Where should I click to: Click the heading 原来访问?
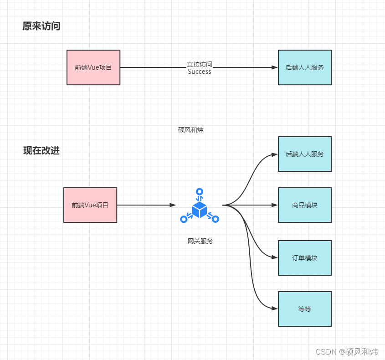(x=41, y=26)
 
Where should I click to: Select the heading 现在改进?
(x=41, y=151)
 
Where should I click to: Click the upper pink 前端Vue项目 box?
(x=93, y=67)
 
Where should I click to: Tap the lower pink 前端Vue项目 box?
(x=90, y=205)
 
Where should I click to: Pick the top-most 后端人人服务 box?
(x=305, y=67)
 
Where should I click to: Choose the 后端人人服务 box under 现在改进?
(x=305, y=154)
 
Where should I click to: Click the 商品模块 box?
(x=305, y=205)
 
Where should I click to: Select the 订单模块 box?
(x=305, y=258)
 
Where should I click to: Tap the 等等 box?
(x=305, y=309)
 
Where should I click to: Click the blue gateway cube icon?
(x=200, y=209)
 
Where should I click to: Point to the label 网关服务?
(x=200, y=241)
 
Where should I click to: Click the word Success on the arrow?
(x=200, y=72)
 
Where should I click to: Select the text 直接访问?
(x=200, y=64)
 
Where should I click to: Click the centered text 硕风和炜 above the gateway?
(x=190, y=130)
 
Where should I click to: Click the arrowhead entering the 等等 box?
(x=274, y=309)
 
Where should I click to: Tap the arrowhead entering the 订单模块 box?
(x=274, y=257)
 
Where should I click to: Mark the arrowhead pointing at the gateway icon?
(x=173, y=205)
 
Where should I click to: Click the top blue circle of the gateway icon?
(x=199, y=191)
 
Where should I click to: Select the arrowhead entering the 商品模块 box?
(x=274, y=205)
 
